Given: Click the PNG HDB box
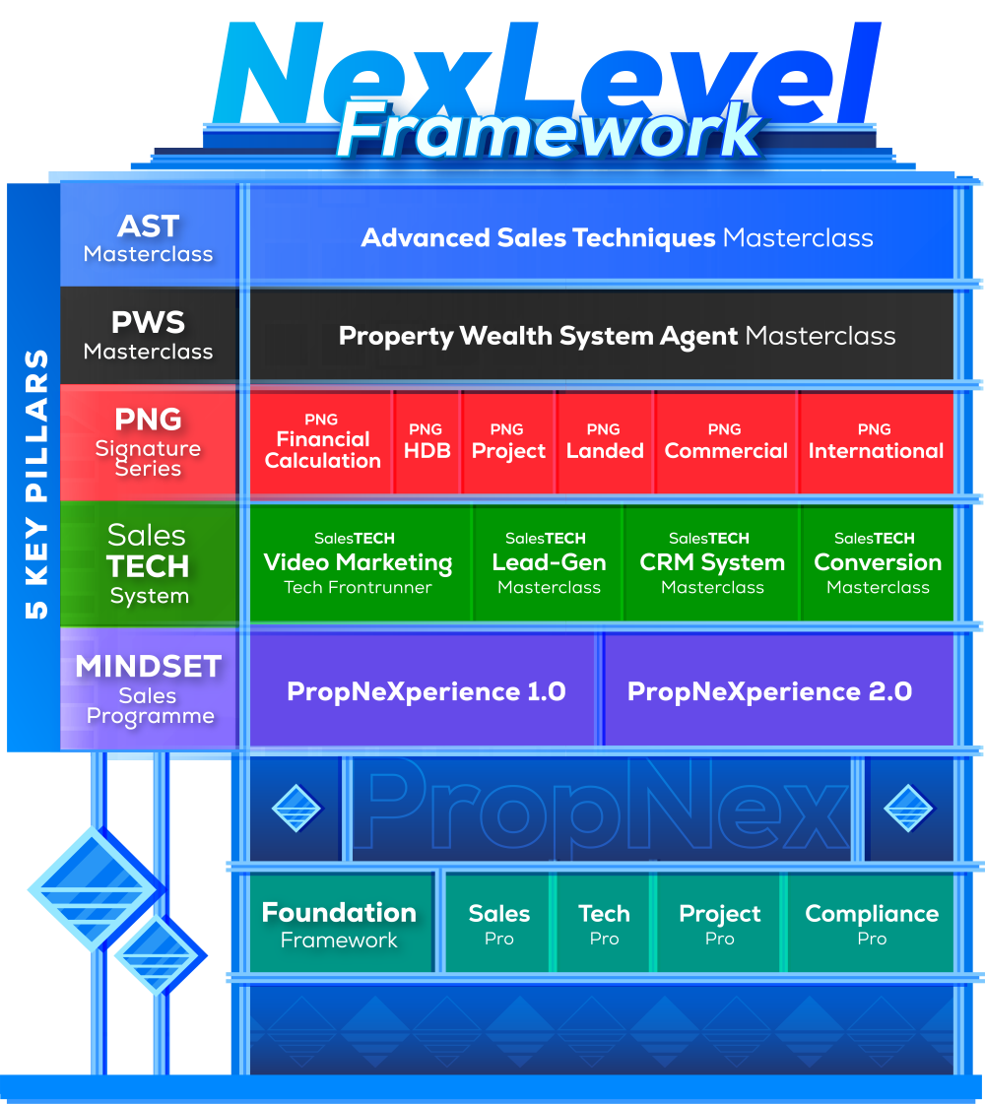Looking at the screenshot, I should [x=427, y=442].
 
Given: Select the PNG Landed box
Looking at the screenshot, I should [x=605, y=442].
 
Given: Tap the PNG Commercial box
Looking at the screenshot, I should [x=726, y=442].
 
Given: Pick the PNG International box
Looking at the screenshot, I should [x=876, y=442].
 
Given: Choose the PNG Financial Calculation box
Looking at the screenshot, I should [x=322, y=442].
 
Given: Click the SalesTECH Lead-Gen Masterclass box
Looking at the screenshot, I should [x=549, y=563].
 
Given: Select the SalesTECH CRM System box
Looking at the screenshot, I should [x=712, y=563].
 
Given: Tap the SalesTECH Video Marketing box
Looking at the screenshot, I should [x=359, y=563].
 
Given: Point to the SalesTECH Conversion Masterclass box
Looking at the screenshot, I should [x=878, y=563].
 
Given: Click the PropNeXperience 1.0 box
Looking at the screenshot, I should [x=426, y=691].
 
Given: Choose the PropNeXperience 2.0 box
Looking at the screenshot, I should [x=769, y=691].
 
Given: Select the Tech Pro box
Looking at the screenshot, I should [x=604, y=924].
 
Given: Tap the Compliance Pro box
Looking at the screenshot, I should [x=872, y=924].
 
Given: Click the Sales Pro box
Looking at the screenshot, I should [x=499, y=924].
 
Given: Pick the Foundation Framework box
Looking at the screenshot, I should [x=339, y=924].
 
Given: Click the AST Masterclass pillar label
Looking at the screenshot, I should [x=149, y=237].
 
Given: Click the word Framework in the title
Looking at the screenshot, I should [x=550, y=130].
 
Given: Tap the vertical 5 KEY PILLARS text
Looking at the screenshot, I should [x=35, y=484].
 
